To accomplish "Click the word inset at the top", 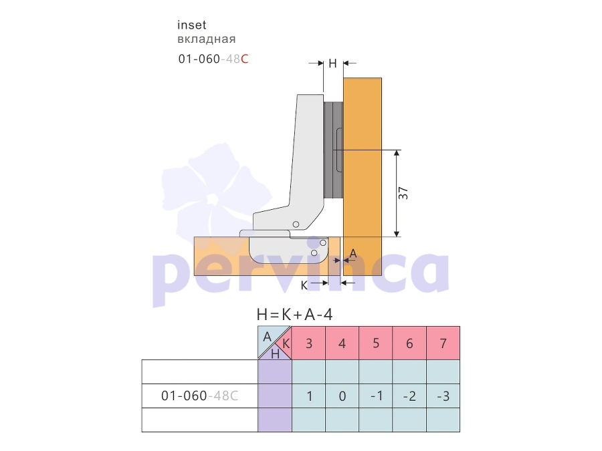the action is point(191,25).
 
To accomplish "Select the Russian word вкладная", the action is point(207,39).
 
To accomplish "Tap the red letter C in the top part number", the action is point(245,59).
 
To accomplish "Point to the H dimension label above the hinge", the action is point(333,63).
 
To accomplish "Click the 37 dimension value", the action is point(403,193).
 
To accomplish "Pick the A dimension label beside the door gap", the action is point(353,253).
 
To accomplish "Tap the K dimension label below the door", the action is point(304,286).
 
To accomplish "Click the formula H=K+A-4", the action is point(294,315).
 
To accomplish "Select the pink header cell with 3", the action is point(308,343).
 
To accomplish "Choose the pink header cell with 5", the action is point(376,343).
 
